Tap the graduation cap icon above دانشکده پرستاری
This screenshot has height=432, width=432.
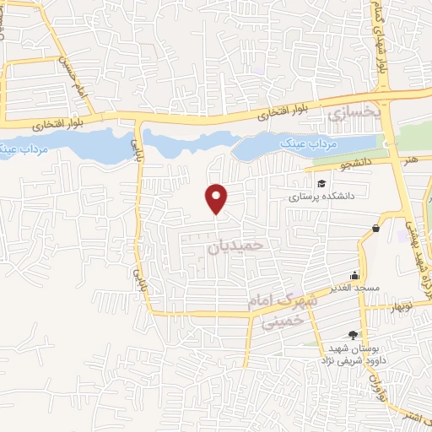321,184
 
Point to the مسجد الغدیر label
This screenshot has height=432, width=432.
357,289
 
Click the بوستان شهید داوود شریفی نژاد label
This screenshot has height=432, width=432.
347,354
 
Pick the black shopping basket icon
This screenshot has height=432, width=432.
375,227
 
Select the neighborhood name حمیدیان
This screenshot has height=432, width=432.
235,246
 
